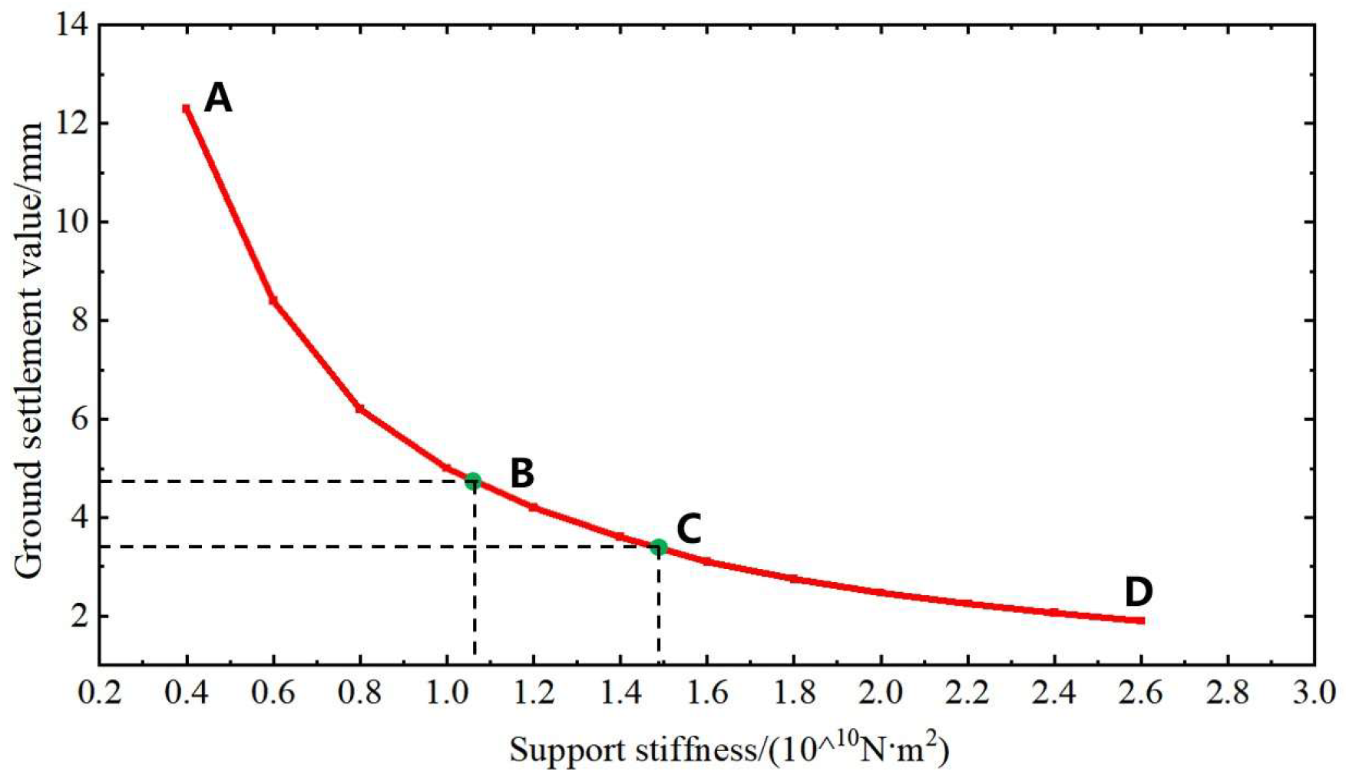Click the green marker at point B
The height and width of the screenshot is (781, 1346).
point(473,481)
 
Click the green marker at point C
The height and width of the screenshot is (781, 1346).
point(658,547)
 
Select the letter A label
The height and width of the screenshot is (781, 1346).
point(218,98)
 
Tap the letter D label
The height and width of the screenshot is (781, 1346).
point(1138,592)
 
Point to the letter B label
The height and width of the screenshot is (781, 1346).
point(522,473)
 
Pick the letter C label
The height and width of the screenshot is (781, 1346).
point(689,529)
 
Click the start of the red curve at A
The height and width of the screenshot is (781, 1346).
point(187,109)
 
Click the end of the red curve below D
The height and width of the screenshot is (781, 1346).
point(1142,620)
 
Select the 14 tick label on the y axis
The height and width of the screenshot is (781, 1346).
point(74,25)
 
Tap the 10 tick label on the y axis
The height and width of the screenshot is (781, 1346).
point(74,222)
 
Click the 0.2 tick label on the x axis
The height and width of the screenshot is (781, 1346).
point(100,693)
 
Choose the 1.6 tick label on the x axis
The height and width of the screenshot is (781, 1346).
point(707,693)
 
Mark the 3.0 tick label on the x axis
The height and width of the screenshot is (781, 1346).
point(1314,693)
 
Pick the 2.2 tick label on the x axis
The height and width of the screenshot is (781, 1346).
point(967,693)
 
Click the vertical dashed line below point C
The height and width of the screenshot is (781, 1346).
point(659,607)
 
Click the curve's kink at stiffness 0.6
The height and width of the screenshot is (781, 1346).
point(273,300)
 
